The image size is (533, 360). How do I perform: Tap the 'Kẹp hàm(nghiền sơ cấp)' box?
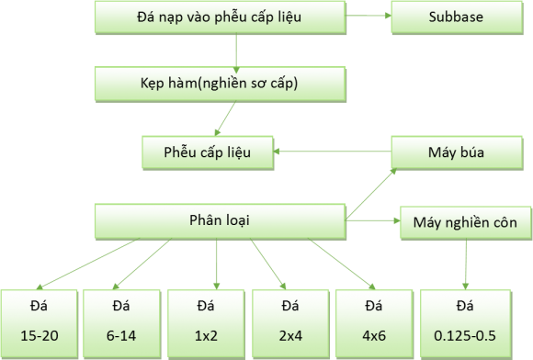point(220,84)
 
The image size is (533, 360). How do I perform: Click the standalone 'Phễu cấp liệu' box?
point(208,152)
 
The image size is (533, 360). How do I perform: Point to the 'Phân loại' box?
point(220,221)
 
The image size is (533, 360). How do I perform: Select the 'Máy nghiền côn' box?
point(465,222)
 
